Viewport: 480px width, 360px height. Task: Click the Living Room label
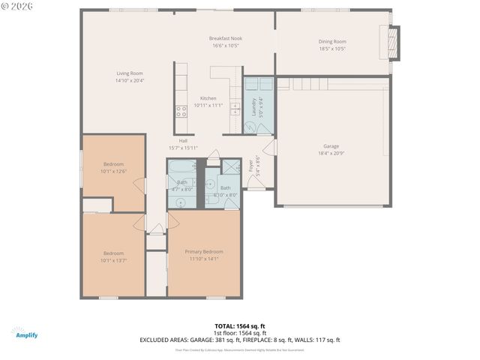tap(129, 73)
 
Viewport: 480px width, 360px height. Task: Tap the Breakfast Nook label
tap(226, 38)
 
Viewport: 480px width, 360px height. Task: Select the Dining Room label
tap(332, 41)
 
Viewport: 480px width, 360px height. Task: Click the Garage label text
tap(331, 145)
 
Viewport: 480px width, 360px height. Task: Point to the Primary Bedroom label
tap(204, 252)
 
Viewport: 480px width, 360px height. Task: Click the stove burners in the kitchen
tap(181, 112)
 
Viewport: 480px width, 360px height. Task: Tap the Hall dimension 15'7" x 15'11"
tap(183, 148)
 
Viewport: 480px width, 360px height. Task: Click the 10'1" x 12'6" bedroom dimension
tap(114, 171)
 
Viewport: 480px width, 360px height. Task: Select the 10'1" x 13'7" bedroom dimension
tap(114, 260)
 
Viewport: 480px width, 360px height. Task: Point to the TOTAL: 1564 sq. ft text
tap(239, 326)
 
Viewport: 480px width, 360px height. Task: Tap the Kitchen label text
tap(208, 98)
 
